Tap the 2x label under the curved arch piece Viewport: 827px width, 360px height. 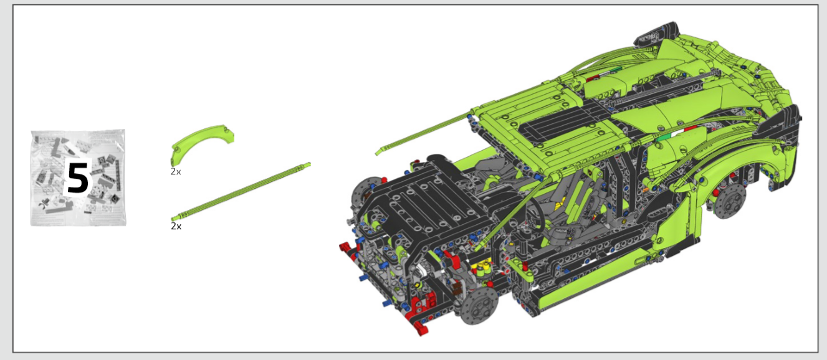[176, 171]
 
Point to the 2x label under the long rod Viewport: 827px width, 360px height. [176, 226]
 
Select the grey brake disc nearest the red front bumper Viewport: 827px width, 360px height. [479, 305]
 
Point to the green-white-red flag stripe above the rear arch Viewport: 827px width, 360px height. [676, 135]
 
